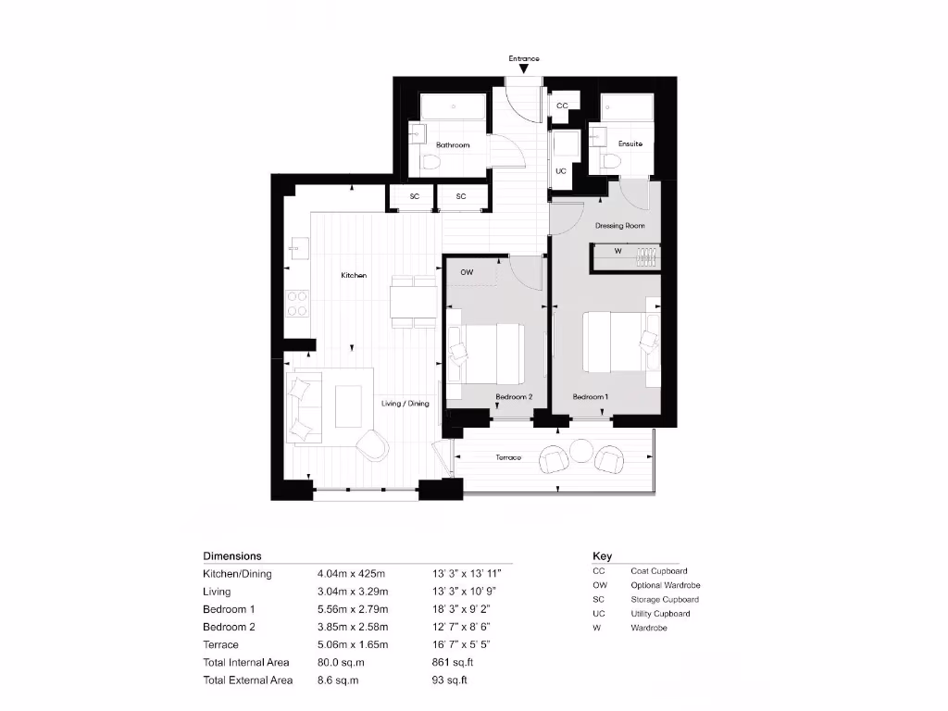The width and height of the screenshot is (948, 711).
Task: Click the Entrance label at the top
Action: click(x=523, y=58)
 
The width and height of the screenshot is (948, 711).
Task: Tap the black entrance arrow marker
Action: click(x=523, y=69)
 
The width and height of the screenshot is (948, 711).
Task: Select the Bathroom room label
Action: click(x=453, y=145)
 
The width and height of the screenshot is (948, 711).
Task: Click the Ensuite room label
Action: click(x=630, y=144)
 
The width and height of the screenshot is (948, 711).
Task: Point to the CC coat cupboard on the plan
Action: click(x=562, y=106)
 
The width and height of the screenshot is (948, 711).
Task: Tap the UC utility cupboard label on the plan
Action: click(x=561, y=171)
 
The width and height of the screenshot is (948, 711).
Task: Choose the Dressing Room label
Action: click(x=619, y=226)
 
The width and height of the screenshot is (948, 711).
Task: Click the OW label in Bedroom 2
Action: click(x=467, y=272)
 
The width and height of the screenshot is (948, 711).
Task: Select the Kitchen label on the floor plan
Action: click(x=354, y=276)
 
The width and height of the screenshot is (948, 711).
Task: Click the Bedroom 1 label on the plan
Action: click(x=590, y=396)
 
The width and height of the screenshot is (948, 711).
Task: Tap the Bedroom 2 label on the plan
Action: click(x=514, y=396)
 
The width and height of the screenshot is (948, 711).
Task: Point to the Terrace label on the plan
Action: click(x=507, y=457)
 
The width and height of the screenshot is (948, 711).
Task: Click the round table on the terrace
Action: click(x=580, y=450)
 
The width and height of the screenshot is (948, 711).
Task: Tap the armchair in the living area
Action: click(x=374, y=445)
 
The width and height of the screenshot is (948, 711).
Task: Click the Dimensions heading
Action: click(x=231, y=556)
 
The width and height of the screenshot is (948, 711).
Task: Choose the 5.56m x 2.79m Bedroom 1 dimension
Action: click(x=353, y=609)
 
